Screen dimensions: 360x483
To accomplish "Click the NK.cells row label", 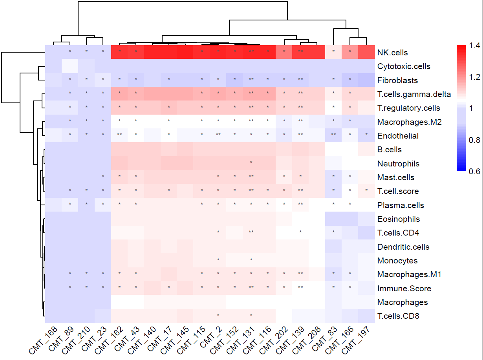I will click(x=392, y=53).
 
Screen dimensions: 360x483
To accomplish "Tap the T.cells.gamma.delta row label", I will click(x=414, y=94).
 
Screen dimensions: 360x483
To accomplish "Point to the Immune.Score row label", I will click(x=404, y=289).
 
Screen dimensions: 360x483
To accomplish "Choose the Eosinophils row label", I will click(x=399, y=219).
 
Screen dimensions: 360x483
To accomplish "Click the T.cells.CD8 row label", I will click(x=398, y=316).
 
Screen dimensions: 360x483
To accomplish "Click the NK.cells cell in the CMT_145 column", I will click(x=185, y=52).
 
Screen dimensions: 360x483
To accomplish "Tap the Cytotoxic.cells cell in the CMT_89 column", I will click(x=70, y=66).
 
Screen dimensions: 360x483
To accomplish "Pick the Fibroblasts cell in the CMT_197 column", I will click(x=366, y=80).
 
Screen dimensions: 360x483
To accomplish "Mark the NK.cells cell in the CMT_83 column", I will click(x=333, y=52).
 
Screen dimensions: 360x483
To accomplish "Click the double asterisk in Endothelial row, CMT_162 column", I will click(x=119, y=135).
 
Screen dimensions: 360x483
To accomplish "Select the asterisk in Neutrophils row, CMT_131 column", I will click(x=251, y=163).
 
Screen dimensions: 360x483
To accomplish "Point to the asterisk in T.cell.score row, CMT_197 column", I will click(x=366, y=190).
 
